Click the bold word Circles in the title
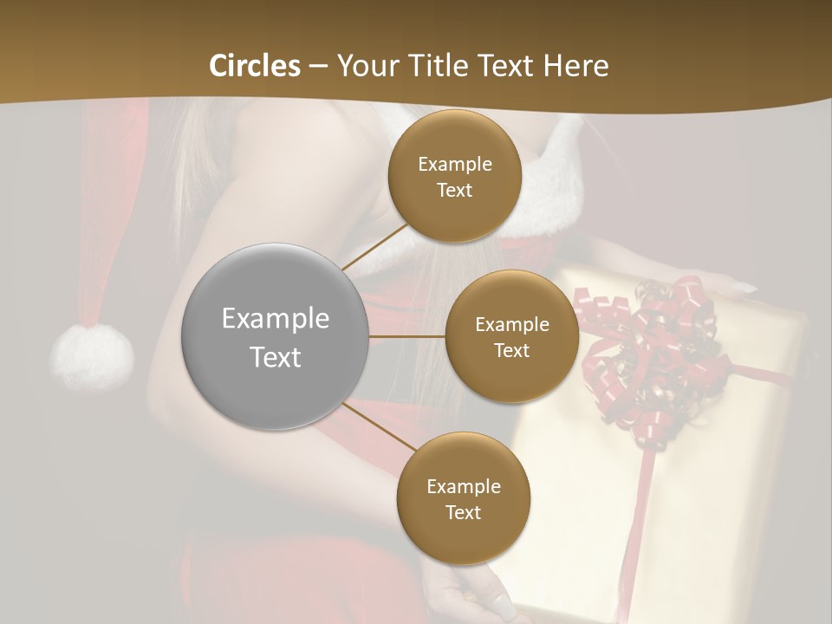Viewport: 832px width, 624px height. tap(254, 66)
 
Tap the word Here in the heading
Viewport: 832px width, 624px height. tap(575, 66)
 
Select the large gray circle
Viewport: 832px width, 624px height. tap(276, 337)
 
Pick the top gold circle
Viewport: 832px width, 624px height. tap(454, 176)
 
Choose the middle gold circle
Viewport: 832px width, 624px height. tap(511, 337)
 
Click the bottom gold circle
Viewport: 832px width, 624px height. tap(463, 498)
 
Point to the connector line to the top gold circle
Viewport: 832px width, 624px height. tap(375, 248)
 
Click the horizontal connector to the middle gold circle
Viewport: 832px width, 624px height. tap(407, 336)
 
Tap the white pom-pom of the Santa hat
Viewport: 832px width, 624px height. tap(92, 355)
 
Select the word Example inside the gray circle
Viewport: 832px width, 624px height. tap(276, 319)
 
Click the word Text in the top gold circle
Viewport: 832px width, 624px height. tap(454, 190)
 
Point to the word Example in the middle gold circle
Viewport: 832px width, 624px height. tap(511, 325)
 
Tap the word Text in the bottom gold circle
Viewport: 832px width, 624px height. tap(463, 512)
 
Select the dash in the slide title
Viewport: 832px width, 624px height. tap(318, 66)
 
